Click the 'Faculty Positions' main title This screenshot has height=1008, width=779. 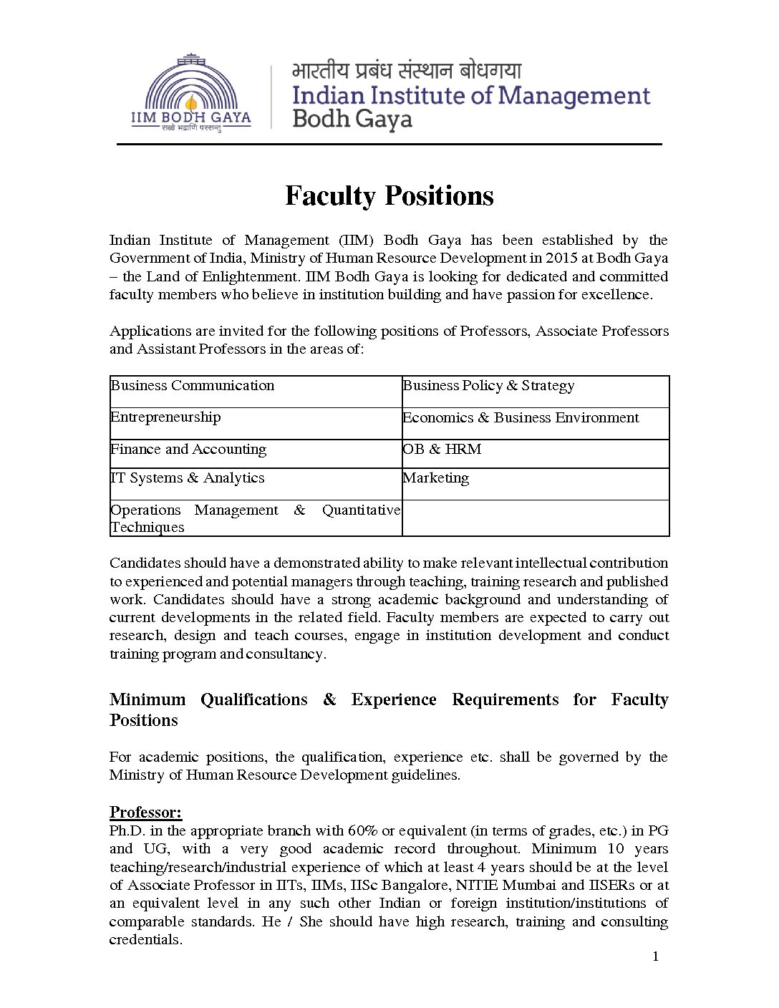point(389,196)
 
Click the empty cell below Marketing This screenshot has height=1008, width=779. point(535,518)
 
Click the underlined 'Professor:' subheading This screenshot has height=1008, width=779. point(145,813)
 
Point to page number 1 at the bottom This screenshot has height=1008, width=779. point(655,957)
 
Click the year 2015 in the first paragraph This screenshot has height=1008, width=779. point(561,258)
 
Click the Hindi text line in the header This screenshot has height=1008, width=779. point(407,71)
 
